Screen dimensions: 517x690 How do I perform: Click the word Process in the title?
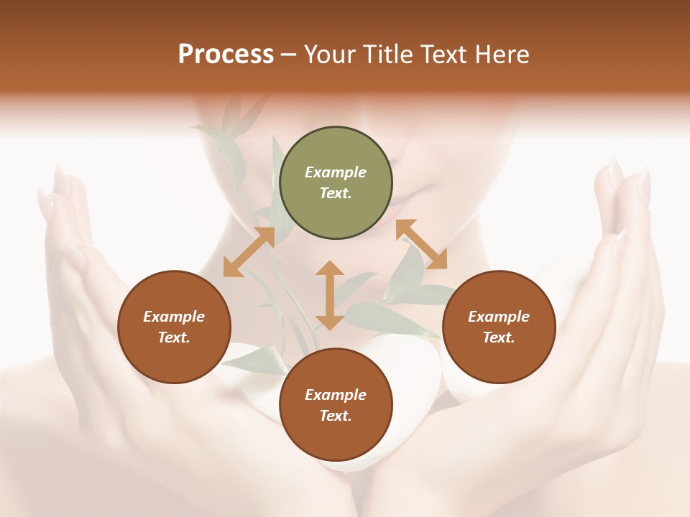coord(226,55)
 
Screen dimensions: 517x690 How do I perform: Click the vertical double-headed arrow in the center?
coord(330,295)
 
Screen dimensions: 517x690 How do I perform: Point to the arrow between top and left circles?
coord(249,252)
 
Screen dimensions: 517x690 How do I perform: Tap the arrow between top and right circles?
coord(421,244)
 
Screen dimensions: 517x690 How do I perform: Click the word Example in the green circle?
coord(336,172)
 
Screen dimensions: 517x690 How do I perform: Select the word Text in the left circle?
coord(174,337)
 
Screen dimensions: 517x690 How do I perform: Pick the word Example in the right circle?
coord(499,317)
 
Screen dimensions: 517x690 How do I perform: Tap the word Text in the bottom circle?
coord(336,416)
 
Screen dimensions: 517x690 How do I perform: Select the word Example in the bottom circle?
coord(336,395)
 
